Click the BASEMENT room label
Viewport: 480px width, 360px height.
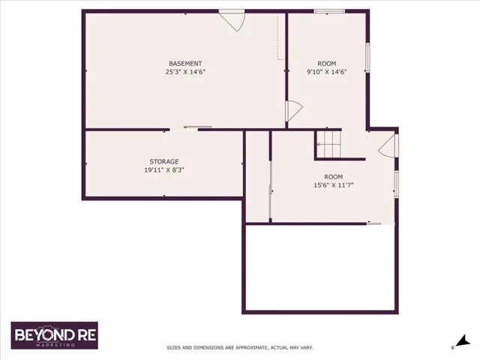(x=185, y=64)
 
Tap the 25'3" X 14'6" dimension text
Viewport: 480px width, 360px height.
(x=185, y=72)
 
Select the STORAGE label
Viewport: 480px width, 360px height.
(x=164, y=162)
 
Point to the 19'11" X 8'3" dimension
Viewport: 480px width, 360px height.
(x=164, y=170)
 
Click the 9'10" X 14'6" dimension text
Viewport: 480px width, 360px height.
(x=327, y=72)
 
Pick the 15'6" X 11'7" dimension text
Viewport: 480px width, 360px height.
(x=334, y=185)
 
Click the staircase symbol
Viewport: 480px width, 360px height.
(x=328, y=144)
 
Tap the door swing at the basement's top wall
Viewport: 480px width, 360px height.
(x=232, y=20)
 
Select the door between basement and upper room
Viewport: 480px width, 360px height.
(x=294, y=111)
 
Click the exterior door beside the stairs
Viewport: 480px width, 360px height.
(x=388, y=145)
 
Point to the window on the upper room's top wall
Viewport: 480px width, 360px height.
(x=329, y=12)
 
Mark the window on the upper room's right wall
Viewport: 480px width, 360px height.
(x=367, y=58)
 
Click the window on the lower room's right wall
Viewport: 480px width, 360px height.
(x=397, y=184)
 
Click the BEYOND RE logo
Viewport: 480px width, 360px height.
(x=55, y=335)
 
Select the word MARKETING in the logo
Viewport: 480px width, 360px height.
(x=55, y=345)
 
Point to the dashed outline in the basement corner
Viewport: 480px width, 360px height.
(x=280, y=37)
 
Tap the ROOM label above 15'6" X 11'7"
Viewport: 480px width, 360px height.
(x=334, y=177)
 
